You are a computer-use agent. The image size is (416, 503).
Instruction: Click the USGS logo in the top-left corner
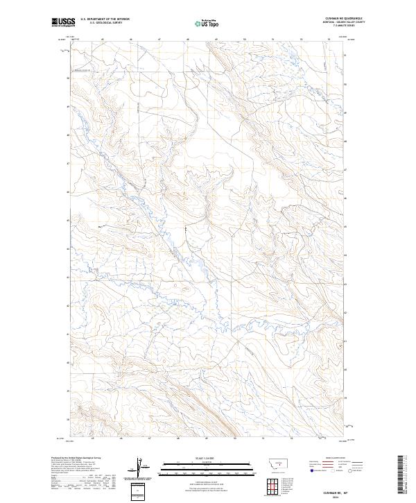pyautogui.click(x=61, y=23)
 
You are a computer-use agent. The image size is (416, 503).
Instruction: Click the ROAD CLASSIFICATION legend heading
pyautogui.click(x=336, y=458)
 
